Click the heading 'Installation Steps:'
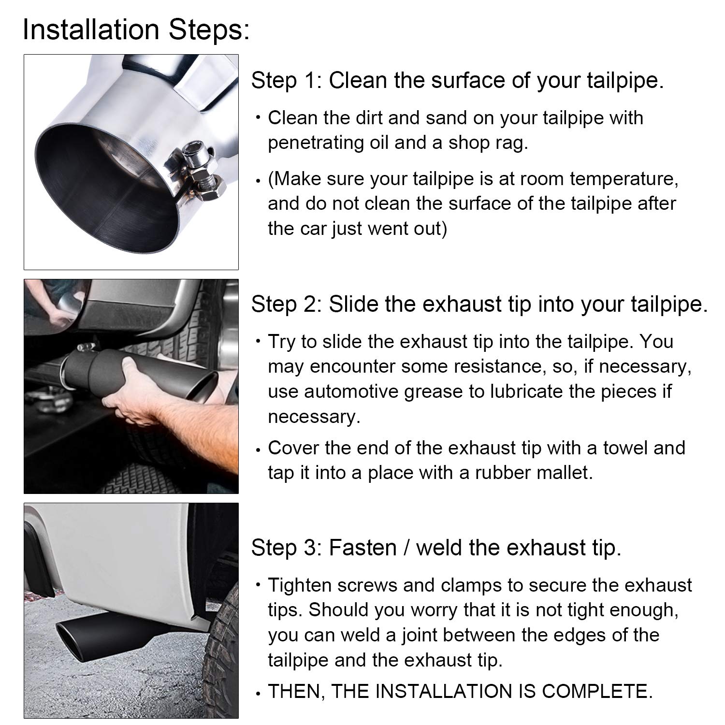pyautogui.click(x=136, y=29)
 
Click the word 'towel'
pyautogui.click(x=625, y=448)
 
